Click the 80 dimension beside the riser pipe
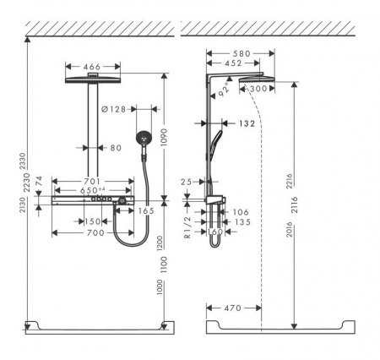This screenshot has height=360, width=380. [x=116, y=149]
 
